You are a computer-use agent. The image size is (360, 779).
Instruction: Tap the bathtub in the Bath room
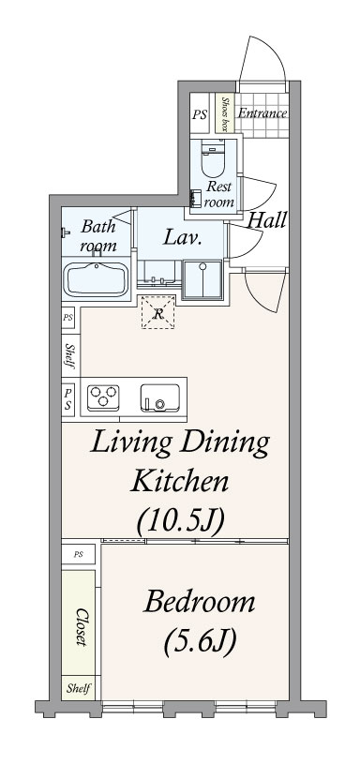[96, 278]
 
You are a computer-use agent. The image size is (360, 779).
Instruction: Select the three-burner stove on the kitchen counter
[103, 397]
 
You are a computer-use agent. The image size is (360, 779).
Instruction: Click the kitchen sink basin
[159, 397]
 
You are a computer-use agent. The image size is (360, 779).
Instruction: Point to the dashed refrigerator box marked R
[158, 311]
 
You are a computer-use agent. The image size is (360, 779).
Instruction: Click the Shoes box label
[225, 113]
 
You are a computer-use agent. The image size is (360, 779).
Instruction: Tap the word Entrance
[262, 113]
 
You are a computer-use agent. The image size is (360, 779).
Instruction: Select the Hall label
[266, 220]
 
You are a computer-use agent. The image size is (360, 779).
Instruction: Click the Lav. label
[182, 238]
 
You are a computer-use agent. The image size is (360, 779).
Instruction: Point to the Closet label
[81, 626]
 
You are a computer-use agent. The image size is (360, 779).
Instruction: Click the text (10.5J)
[181, 520]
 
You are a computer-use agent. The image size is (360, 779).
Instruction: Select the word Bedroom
[199, 602]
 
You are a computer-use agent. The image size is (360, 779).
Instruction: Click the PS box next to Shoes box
[200, 113]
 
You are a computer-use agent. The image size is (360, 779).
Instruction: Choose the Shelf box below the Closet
[78, 688]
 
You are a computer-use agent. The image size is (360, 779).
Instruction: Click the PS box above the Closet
[78, 554]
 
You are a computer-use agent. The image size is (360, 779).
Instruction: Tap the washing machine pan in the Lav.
[202, 279]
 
